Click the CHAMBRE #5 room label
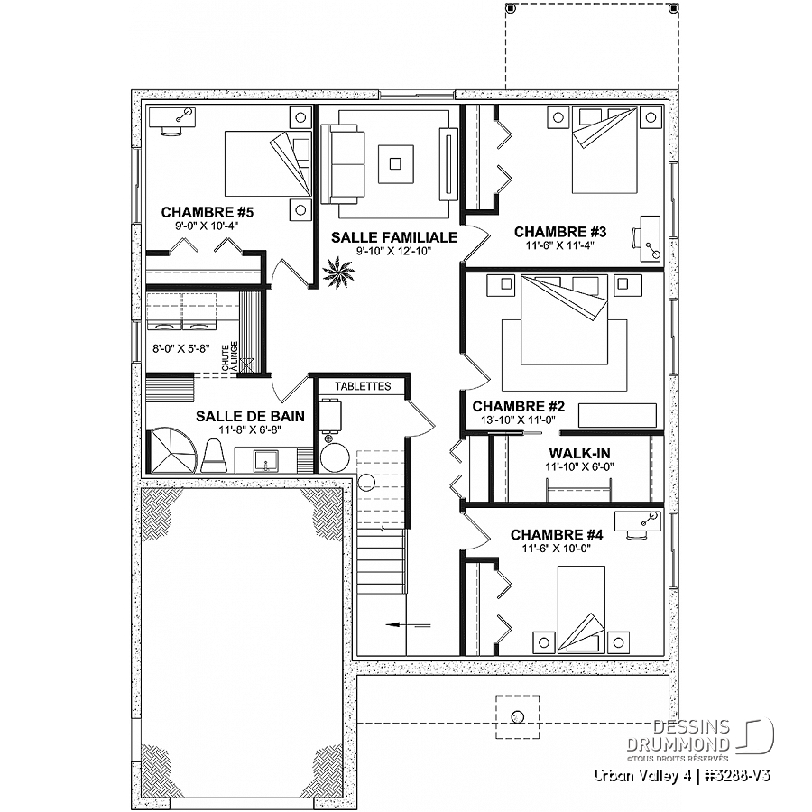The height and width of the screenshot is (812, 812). [x=208, y=212]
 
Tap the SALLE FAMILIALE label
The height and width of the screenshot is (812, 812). [x=394, y=237]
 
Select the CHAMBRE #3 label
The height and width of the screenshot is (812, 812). [x=559, y=232]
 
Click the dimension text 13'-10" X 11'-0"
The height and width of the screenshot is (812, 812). [x=518, y=420]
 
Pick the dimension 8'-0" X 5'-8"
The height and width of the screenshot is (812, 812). [x=181, y=349]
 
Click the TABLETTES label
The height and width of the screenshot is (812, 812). [x=363, y=386]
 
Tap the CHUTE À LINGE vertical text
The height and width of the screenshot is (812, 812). [x=229, y=356]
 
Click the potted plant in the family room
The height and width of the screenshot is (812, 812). [x=338, y=272]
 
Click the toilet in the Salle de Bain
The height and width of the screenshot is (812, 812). [x=214, y=456]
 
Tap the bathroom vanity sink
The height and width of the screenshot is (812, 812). [x=265, y=460]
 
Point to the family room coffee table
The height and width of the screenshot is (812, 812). [x=396, y=164]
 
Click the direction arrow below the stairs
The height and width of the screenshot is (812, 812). [x=408, y=625]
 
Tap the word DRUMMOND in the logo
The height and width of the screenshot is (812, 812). [x=678, y=744]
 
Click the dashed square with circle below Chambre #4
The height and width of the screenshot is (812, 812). [x=517, y=716]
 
